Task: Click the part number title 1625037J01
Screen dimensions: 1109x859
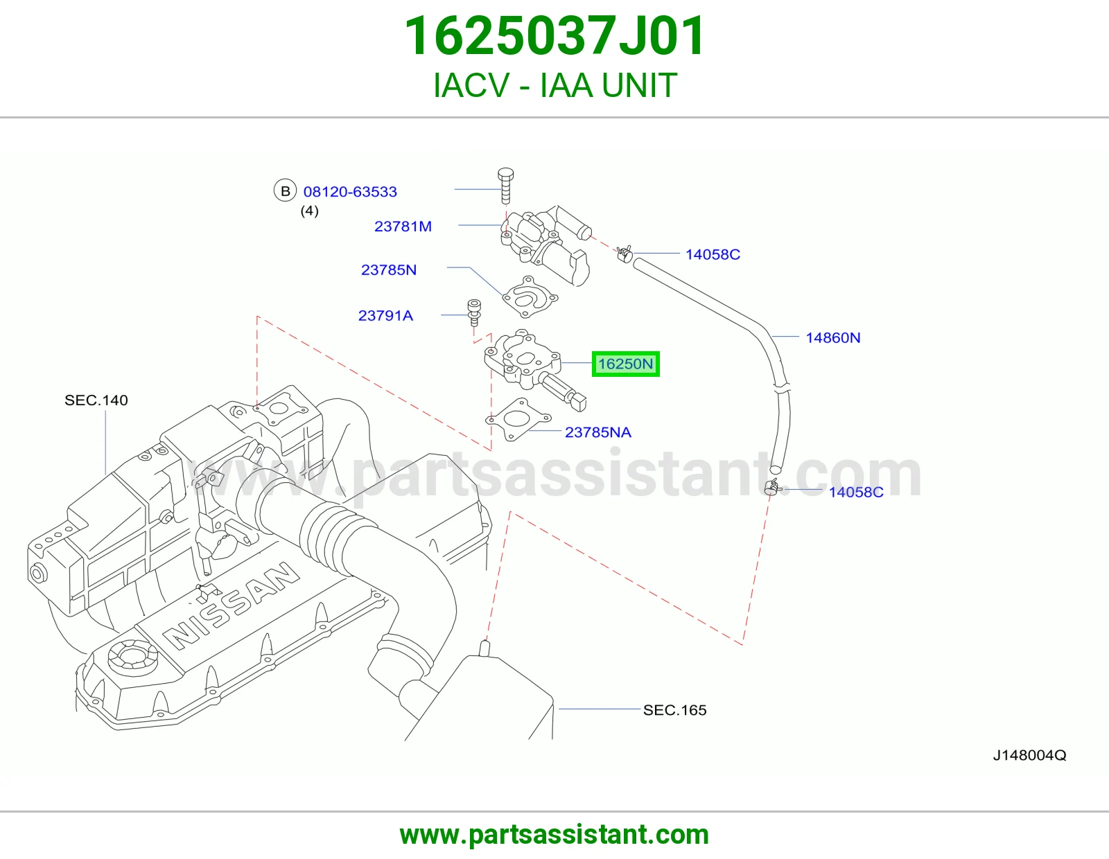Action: [554, 36]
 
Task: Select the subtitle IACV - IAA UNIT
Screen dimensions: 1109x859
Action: [554, 85]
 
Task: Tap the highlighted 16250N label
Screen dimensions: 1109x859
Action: [625, 364]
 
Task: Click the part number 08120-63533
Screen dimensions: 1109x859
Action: [350, 192]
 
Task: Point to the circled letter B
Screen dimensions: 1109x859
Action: [285, 191]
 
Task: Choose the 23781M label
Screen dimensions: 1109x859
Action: [403, 227]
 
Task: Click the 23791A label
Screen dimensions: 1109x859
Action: [385, 316]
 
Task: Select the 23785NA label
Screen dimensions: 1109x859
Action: [597, 432]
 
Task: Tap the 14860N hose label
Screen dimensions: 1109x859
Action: [832, 337]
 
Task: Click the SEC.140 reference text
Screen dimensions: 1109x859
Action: [96, 400]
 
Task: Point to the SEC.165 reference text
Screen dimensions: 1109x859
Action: [674, 710]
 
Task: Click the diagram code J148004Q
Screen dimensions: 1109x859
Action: [1029, 756]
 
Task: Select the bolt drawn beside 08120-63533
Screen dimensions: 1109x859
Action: [505, 185]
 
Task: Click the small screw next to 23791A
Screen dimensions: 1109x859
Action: [474, 312]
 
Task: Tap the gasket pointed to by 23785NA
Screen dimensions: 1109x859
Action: [518, 419]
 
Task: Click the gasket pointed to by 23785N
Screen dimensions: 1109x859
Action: [530, 297]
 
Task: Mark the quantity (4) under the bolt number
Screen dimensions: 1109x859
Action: [309, 211]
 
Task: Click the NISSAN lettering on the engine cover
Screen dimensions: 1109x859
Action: [230, 606]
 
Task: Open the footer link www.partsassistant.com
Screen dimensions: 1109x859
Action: [554, 835]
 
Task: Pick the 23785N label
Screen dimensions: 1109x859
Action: [388, 270]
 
